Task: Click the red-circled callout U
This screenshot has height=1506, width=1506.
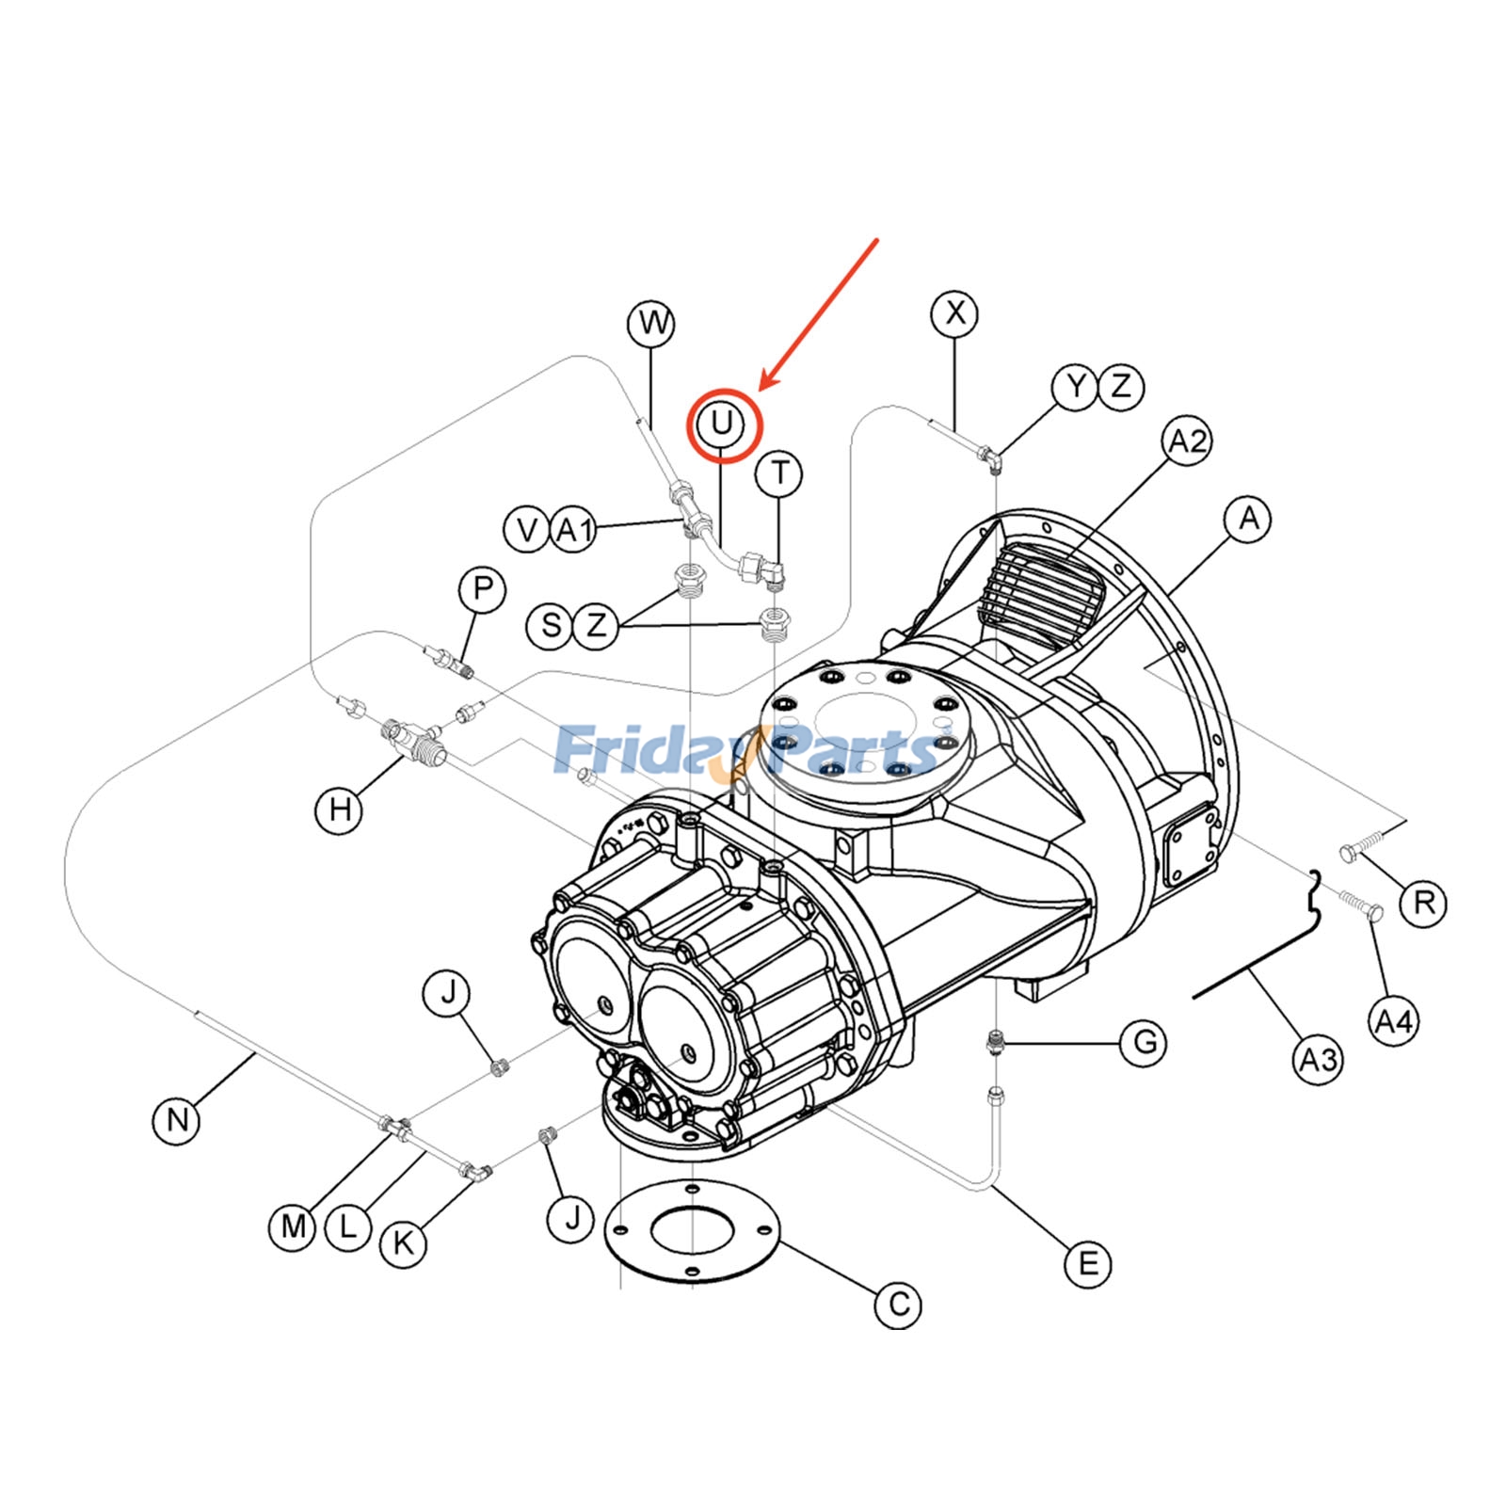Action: (721, 425)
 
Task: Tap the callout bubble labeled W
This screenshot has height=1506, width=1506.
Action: (651, 324)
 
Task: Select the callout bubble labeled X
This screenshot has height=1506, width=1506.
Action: (954, 312)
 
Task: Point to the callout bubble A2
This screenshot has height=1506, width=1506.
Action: (1187, 441)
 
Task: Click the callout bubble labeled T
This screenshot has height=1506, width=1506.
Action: (779, 473)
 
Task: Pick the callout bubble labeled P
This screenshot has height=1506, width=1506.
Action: (482, 589)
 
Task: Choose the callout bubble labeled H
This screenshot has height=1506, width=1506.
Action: (339, 809)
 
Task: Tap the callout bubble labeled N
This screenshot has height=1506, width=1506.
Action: (177, 1120)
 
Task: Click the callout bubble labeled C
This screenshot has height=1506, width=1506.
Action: (898, 1305)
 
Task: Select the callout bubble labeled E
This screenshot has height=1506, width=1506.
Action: (1087, 1263)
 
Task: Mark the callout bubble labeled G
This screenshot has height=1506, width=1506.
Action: (1144, 1042)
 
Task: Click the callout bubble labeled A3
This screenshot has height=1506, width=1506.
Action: (1317, 1061)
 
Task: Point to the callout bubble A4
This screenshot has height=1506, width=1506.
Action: (1393, 1021)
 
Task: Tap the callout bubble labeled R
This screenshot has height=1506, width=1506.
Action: (1423, 904)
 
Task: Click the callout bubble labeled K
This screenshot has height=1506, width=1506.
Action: (403, 1243)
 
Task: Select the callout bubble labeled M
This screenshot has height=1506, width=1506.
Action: (293, 1226)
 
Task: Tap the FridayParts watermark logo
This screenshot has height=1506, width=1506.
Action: (748, 750)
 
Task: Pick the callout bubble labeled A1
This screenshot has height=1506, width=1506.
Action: (574, 530)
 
